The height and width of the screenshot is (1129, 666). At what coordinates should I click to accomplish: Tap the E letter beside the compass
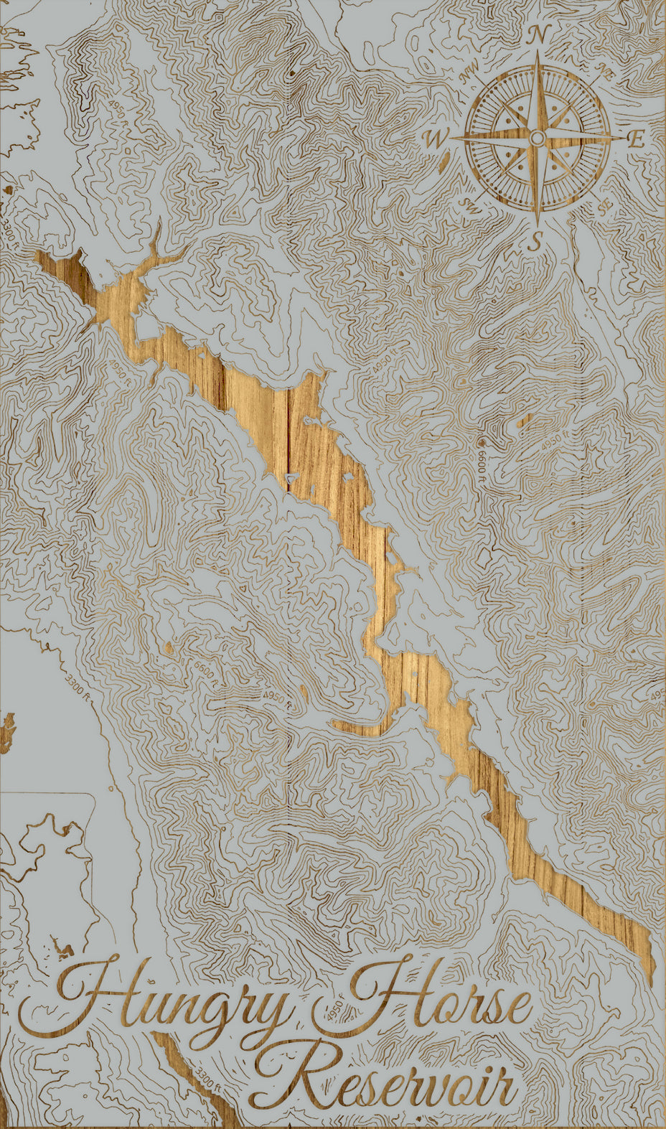pyautogui.click(x=636, y=139)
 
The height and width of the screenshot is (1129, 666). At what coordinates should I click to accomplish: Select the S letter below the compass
pyautogui.click(x=535, y=243)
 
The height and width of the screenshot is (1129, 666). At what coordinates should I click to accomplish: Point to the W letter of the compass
pyautogui.click(x=436, y=139)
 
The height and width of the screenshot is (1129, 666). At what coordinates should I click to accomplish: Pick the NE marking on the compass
pyautogui.click(x=607, y=72)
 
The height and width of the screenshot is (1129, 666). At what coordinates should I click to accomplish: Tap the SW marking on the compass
pyautogui.click(x=470, y=206)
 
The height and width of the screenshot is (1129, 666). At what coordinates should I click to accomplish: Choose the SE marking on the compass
pyautogui.click(x=606, y=206)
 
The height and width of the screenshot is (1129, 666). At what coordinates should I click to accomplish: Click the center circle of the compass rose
pyautogui.click(x=538, y=138)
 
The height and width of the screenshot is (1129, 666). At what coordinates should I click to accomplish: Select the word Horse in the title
pyautogui.click(x=438, y=998)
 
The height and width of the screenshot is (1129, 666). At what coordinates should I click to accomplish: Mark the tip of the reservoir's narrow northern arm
pyautogui.click(x=157, y=224)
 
